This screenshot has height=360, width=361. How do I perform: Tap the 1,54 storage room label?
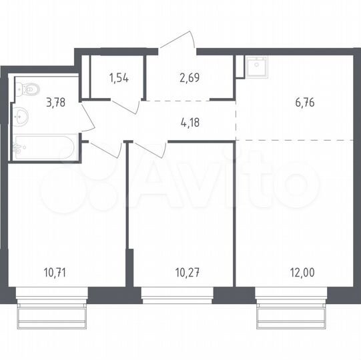(x=118, y=77)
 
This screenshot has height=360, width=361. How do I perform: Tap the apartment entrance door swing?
(x=179, y=41)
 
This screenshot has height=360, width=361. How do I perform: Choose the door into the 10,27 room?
(x=149, y=148)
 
